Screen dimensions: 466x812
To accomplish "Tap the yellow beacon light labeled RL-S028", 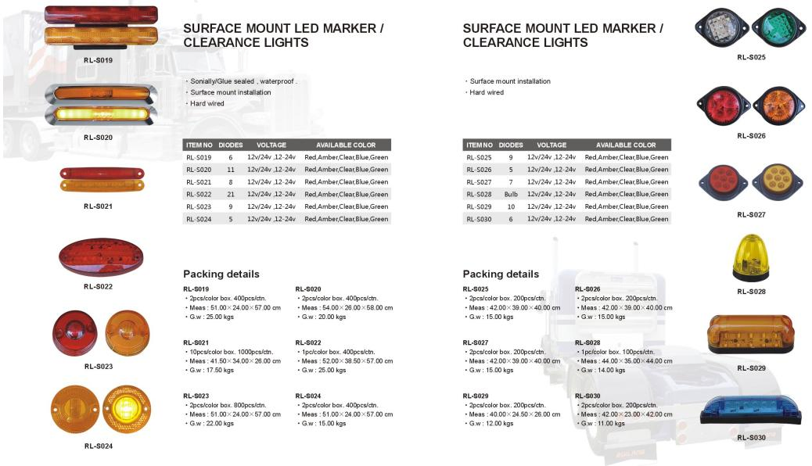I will click(x=750, y=258).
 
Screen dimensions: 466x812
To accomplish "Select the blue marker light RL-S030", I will click(x=751, y=410).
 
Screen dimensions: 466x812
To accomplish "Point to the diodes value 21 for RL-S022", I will click(x=230, y=194).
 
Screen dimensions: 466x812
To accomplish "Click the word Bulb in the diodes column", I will click(x=511, y=194).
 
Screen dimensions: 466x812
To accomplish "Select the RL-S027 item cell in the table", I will click(x=479, y=181).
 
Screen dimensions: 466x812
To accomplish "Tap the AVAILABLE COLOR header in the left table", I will click(x=346, y=145).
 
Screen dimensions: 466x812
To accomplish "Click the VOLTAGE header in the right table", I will click(x=552, y=145).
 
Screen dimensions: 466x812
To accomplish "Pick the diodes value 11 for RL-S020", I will click(x=230, y=170).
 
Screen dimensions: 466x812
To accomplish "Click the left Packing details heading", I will click(x=221, y=274).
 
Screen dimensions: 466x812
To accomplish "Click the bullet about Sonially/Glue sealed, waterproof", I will click(x=243, y=81).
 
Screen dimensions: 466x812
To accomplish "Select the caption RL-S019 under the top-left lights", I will click(x=99, y=60).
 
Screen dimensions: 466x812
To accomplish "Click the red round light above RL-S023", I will click(x=74, y=332).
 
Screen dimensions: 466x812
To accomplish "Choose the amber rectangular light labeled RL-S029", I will click(x=751, y=335).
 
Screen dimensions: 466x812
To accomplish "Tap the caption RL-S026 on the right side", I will click(x=751, y=135).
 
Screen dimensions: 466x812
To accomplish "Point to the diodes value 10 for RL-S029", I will click(x=511, y=206).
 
